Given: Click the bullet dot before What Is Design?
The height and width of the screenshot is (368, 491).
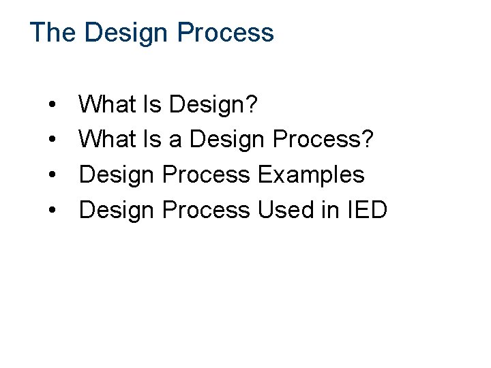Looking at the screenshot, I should coord(53,106).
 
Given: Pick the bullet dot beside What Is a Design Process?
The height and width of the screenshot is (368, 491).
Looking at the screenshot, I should coord(53,140).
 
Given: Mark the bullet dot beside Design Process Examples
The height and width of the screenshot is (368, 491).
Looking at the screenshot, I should coord(53,176).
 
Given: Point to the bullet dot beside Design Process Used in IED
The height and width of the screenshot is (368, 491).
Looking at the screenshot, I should coord(53,211).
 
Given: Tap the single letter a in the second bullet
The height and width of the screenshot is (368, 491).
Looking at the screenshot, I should coord(175,140).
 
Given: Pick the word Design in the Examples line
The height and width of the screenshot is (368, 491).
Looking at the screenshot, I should coord(117,175).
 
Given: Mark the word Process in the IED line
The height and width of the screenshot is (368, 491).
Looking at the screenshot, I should coord(206,210).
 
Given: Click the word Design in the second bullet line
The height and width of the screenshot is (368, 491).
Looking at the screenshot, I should coord(227,140).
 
